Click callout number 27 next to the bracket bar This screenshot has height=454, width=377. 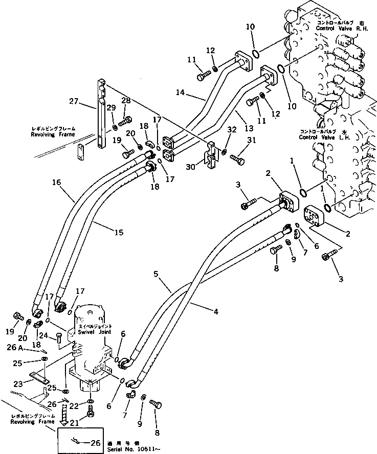pos(74,102)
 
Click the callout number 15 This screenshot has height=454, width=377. pos(118,232)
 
